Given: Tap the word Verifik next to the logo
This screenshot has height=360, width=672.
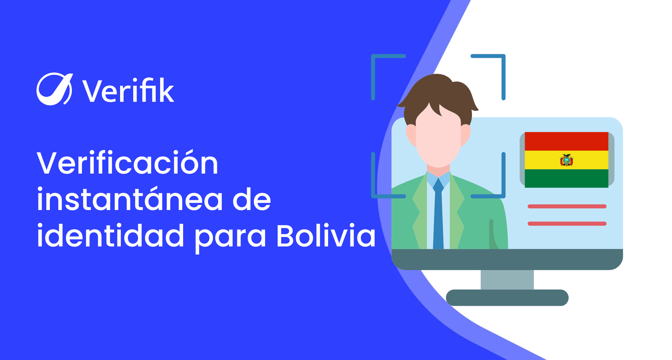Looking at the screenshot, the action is point(128,90).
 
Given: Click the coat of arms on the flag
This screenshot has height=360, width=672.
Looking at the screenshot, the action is point(566,160).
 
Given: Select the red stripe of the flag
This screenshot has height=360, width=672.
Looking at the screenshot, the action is point(566,141).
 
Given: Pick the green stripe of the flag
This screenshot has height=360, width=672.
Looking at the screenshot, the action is point(566,179).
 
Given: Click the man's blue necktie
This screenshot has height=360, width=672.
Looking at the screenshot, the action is point(438,213).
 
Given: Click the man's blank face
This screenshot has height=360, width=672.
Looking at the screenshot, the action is point(438,138).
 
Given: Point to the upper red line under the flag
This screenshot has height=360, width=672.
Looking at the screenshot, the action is point(567,206).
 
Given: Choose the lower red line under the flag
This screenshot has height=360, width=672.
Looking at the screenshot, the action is point(567,224).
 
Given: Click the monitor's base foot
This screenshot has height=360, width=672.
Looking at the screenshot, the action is point(507,298).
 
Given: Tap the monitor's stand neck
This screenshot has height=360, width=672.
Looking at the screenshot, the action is point(507,280).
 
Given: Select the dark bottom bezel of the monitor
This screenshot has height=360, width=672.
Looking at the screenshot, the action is point(507,259).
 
